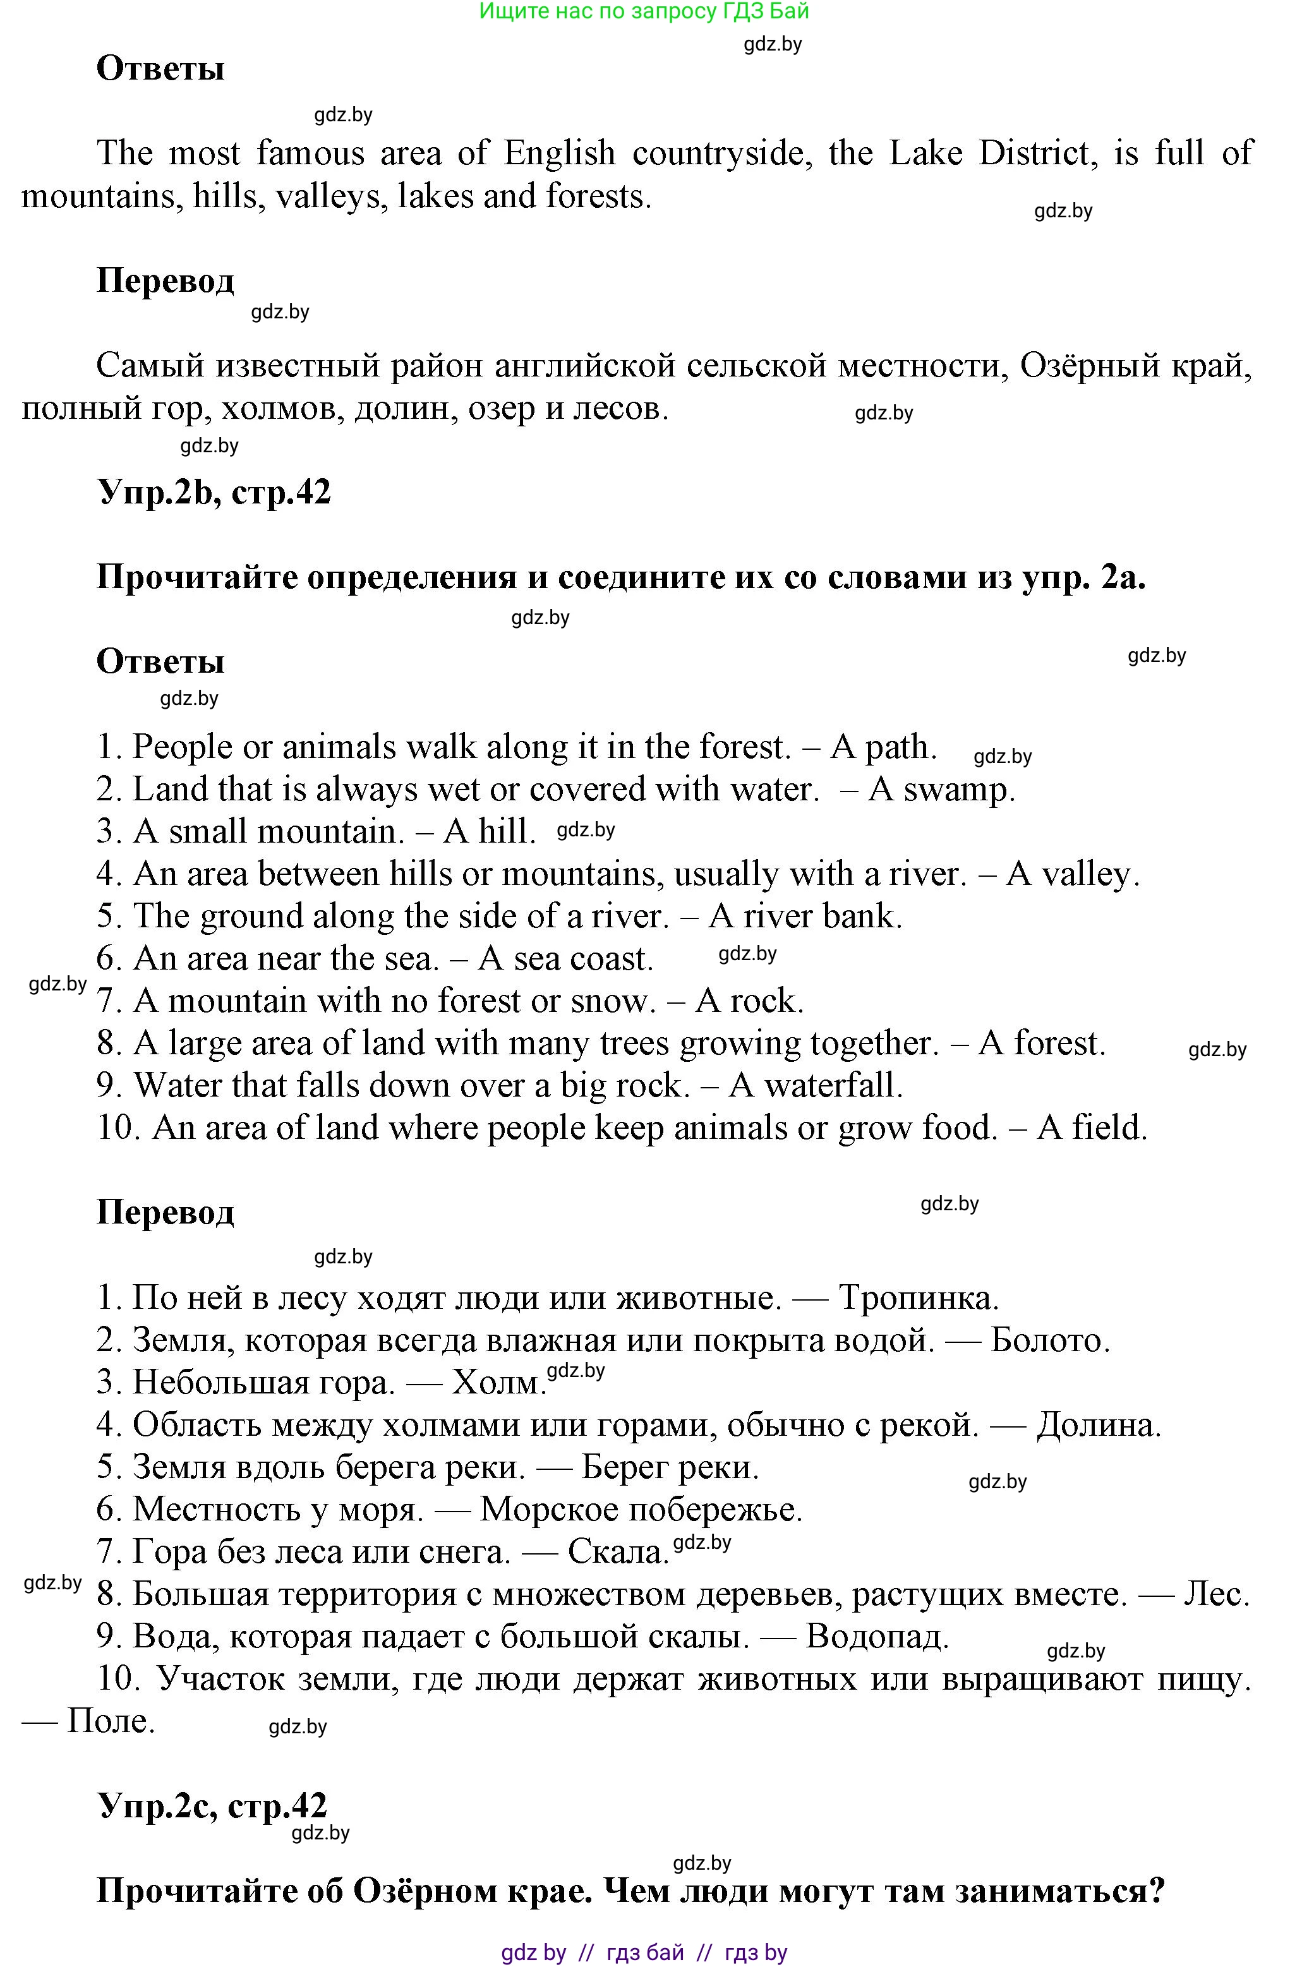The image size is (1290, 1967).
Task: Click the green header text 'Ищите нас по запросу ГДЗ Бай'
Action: pyautogui.click(x=644, y=11)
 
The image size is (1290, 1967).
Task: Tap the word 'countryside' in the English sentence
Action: pyautogui.click(x=717, y=153)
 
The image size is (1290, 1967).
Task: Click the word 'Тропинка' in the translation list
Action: pyautogui.click(x=918, y=1299)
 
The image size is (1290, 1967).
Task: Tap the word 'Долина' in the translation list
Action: pyautogui.click(x=1099, y=1425)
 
